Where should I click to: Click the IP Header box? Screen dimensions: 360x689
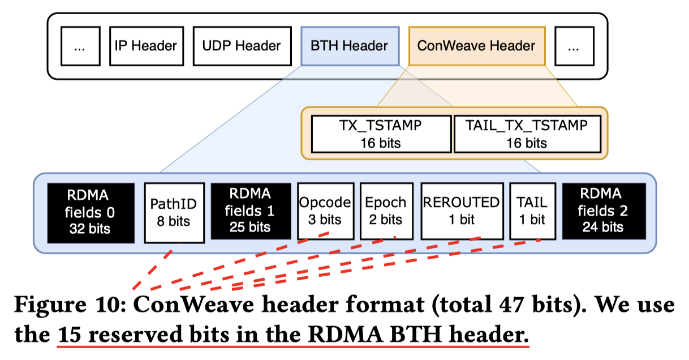[x=146, y=46]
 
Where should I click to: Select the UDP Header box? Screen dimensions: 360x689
[x=242, y=46]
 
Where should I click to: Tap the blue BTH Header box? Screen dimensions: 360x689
[x=349, y=46]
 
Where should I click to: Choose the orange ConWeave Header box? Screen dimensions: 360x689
[x=476, y=46]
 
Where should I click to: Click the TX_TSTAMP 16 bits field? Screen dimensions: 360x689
[x=381, y=134]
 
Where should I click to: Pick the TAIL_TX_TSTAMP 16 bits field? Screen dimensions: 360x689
[x=527, y=134]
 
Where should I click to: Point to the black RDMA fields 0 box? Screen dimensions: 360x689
[x=91, y=212]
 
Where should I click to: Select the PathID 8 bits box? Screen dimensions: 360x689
[x=173, y=212]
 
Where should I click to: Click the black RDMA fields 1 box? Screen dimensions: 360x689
[x=251, y=212]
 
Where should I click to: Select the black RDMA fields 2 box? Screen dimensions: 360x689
[x=604, y=212]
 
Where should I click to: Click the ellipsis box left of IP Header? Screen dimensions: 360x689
[x=79, y=46]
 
